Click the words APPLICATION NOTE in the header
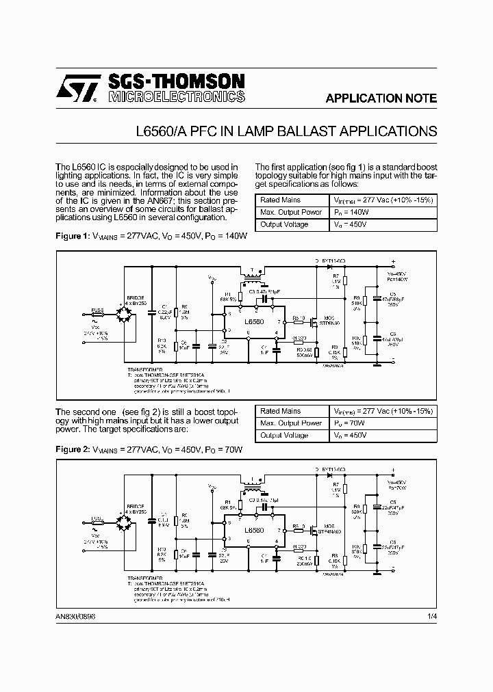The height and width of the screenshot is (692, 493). coord(381,98)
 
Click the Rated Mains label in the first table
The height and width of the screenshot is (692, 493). coord(281,200)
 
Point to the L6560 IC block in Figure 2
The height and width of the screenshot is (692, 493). coord(253,530)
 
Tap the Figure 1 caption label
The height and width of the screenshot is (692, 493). coord(72,236)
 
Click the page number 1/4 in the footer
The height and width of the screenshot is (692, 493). coord(431,616)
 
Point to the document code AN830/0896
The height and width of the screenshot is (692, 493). coord(75,616)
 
